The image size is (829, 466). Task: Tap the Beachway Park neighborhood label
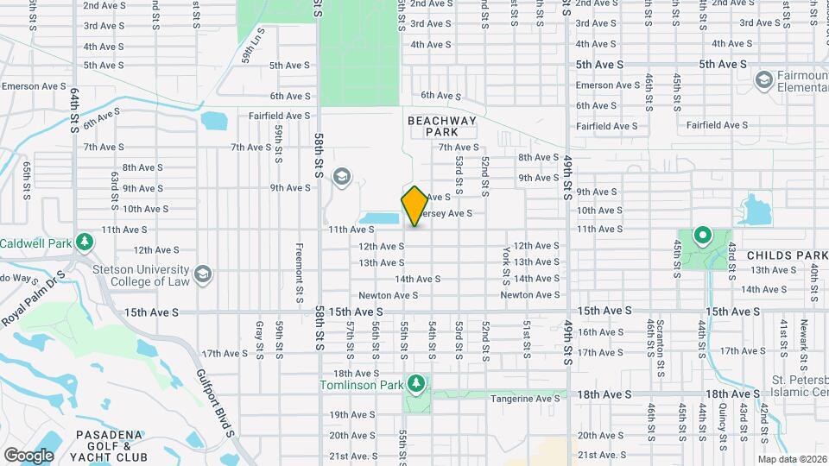441,127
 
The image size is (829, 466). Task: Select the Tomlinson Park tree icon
417,382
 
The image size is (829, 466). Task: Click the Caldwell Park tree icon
85,241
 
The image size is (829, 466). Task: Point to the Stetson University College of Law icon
203,274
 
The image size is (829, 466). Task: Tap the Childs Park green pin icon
703,234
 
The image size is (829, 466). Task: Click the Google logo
28,455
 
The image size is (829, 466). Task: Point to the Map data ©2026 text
792,459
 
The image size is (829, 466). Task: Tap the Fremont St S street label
299,273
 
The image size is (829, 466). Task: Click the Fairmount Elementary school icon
763,80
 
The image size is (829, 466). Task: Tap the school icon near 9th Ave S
342,177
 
